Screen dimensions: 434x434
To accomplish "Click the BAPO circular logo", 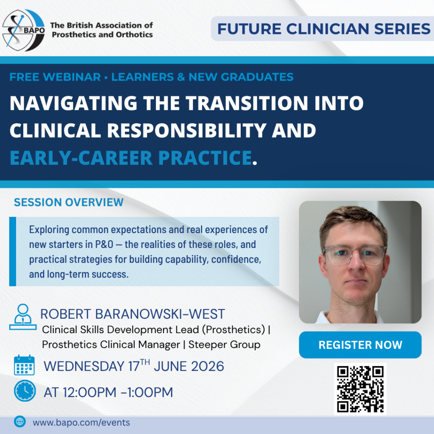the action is [x=24, y=30].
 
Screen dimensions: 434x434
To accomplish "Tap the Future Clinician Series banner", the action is [x=323, y=29].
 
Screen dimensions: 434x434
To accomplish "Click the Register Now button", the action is [x=360, y=345].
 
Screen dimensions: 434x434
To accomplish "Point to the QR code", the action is [x=360, y=389].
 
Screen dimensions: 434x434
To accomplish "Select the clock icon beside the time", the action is [x=25, y=391].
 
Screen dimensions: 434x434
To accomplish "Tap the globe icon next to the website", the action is [x=19, y=422].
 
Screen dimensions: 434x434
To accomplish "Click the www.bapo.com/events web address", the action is [x=81, y=423].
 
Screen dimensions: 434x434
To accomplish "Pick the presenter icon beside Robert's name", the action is [x=23, y=317].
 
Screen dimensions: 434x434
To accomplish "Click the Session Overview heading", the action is [x=69, y=202].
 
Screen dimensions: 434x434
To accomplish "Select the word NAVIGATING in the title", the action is [x=73, y=103].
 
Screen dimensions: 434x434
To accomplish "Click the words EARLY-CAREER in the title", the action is [x=81, y=158].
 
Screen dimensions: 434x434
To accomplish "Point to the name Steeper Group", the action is [x=225, y=345].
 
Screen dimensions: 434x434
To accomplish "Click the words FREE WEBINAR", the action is [x=55, y=77].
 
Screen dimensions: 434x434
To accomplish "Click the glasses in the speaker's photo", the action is [x=355, y=255].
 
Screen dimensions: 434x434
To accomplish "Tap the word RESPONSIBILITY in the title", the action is [x=186, y=131].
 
